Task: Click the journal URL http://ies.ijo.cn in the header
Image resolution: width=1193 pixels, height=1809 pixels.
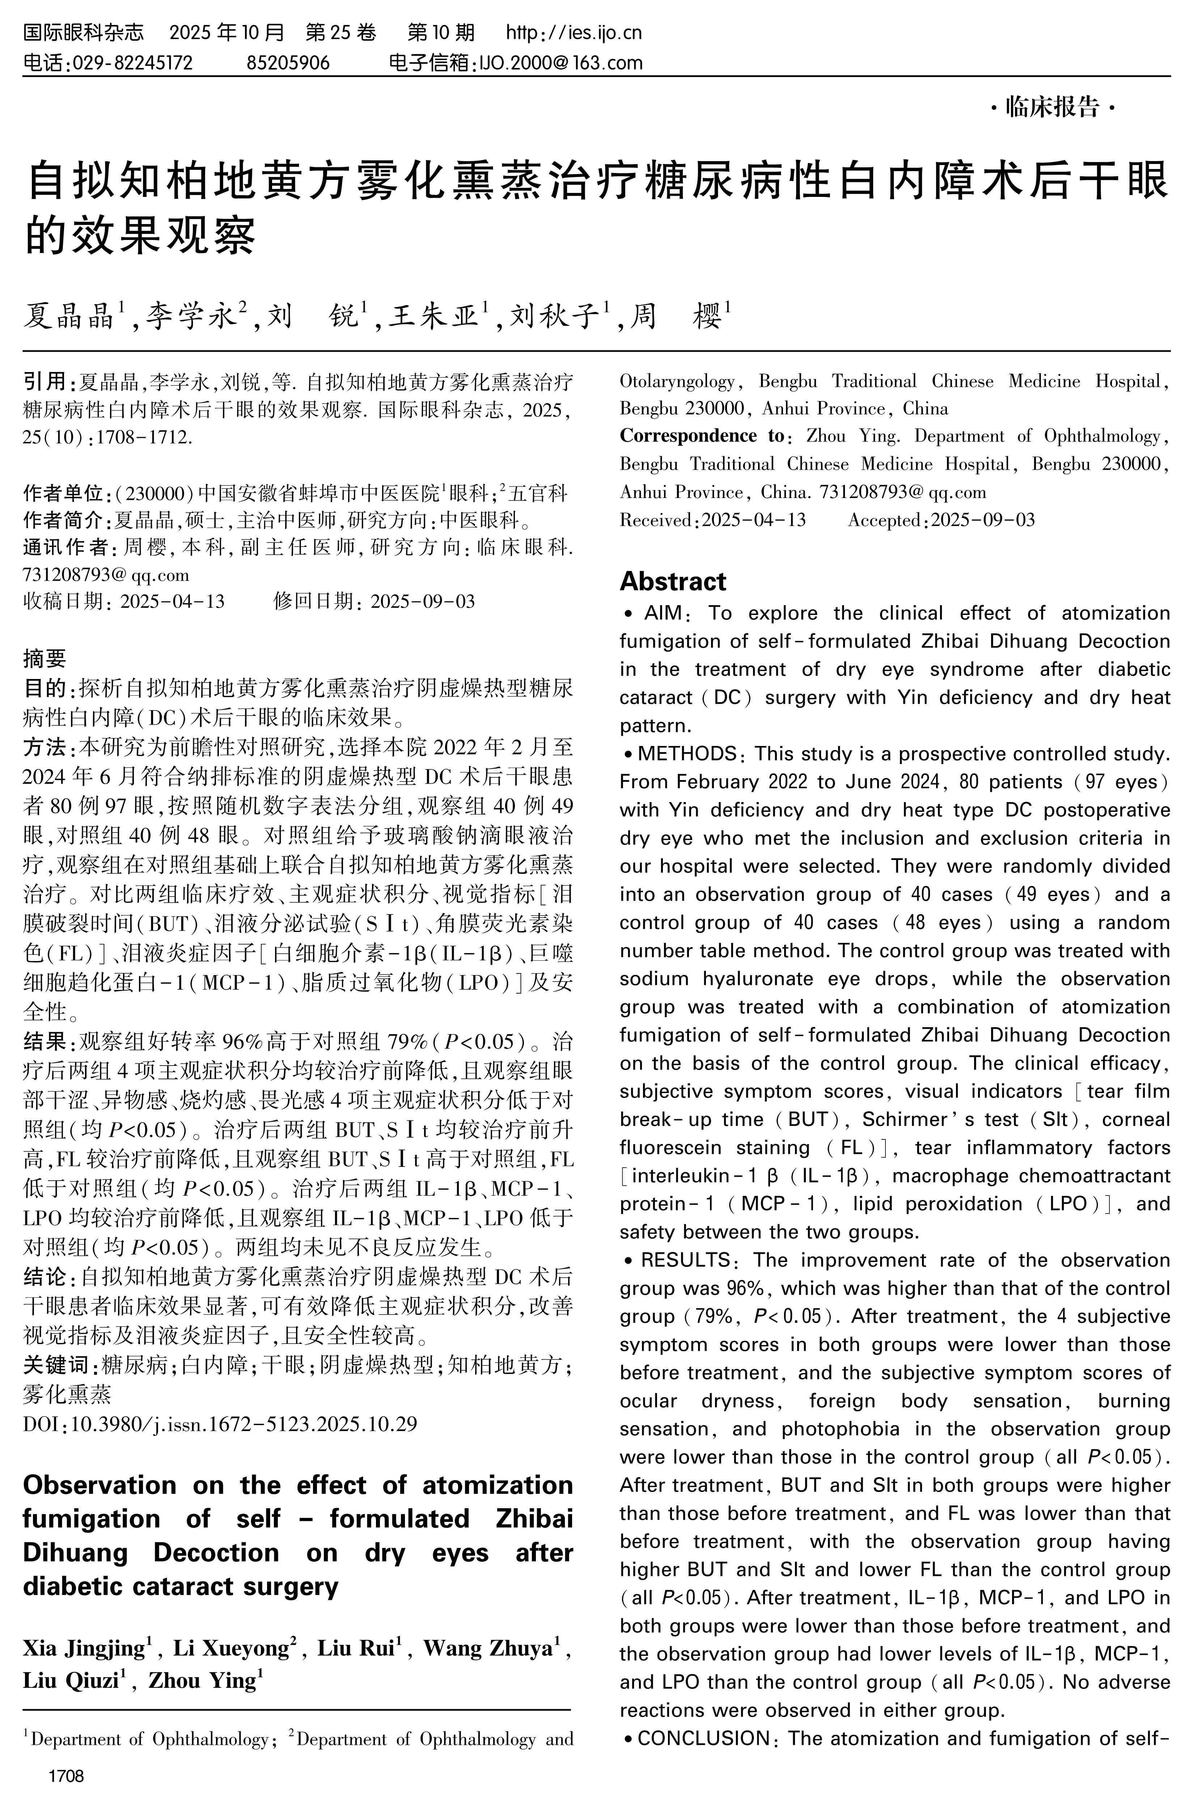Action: (575, 32)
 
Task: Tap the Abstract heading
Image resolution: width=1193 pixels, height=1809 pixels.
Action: (673, 581)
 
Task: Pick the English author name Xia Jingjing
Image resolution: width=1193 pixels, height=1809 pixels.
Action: (84, 1649)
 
